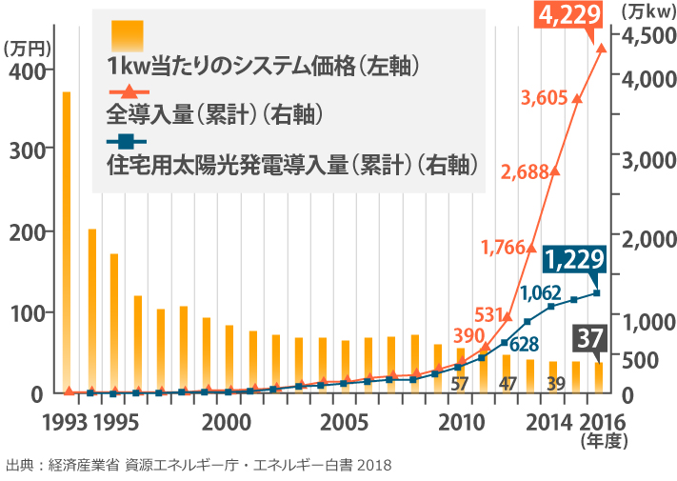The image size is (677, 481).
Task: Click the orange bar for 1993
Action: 67,242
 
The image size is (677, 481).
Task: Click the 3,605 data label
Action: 549,96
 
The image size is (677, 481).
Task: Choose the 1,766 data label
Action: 504,247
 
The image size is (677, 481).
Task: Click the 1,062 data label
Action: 540,292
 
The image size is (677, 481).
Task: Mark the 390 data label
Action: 468,335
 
